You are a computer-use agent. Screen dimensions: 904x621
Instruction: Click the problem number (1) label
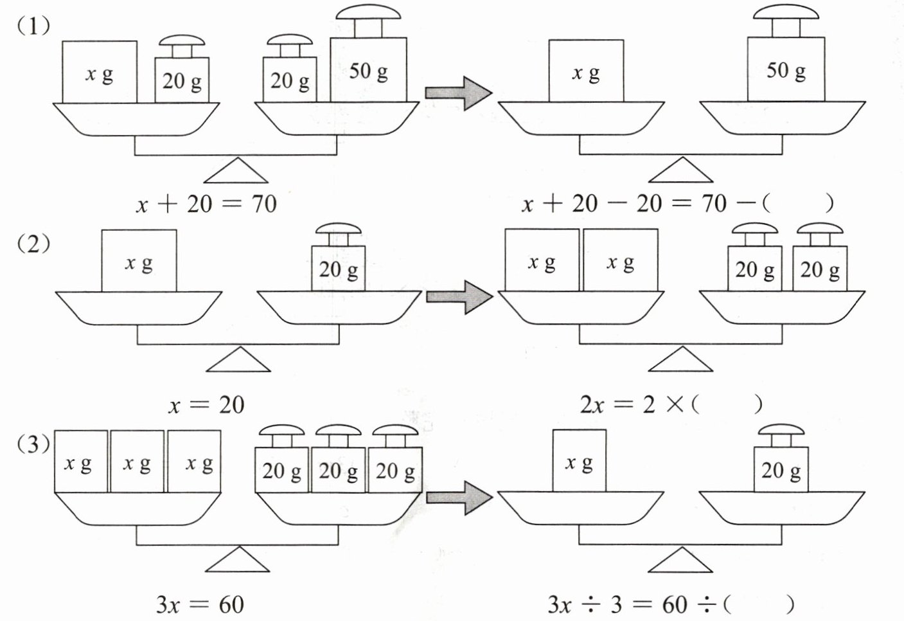pos(33,27)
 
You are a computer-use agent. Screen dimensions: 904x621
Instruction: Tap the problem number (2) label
pos(33,245)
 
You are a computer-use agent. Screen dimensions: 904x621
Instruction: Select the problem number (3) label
pos(33,444)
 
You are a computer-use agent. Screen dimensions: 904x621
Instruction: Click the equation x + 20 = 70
pos(206,204)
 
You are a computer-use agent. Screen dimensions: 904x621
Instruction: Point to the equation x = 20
pos(206,405)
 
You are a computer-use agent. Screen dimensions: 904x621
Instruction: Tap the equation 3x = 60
pos(200,605)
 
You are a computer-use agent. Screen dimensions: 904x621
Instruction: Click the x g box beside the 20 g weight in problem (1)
pos(100,72)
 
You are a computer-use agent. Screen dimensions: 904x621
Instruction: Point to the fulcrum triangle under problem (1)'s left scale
pos(235,172)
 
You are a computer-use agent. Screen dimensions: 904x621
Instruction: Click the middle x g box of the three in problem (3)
pos(137,462)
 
